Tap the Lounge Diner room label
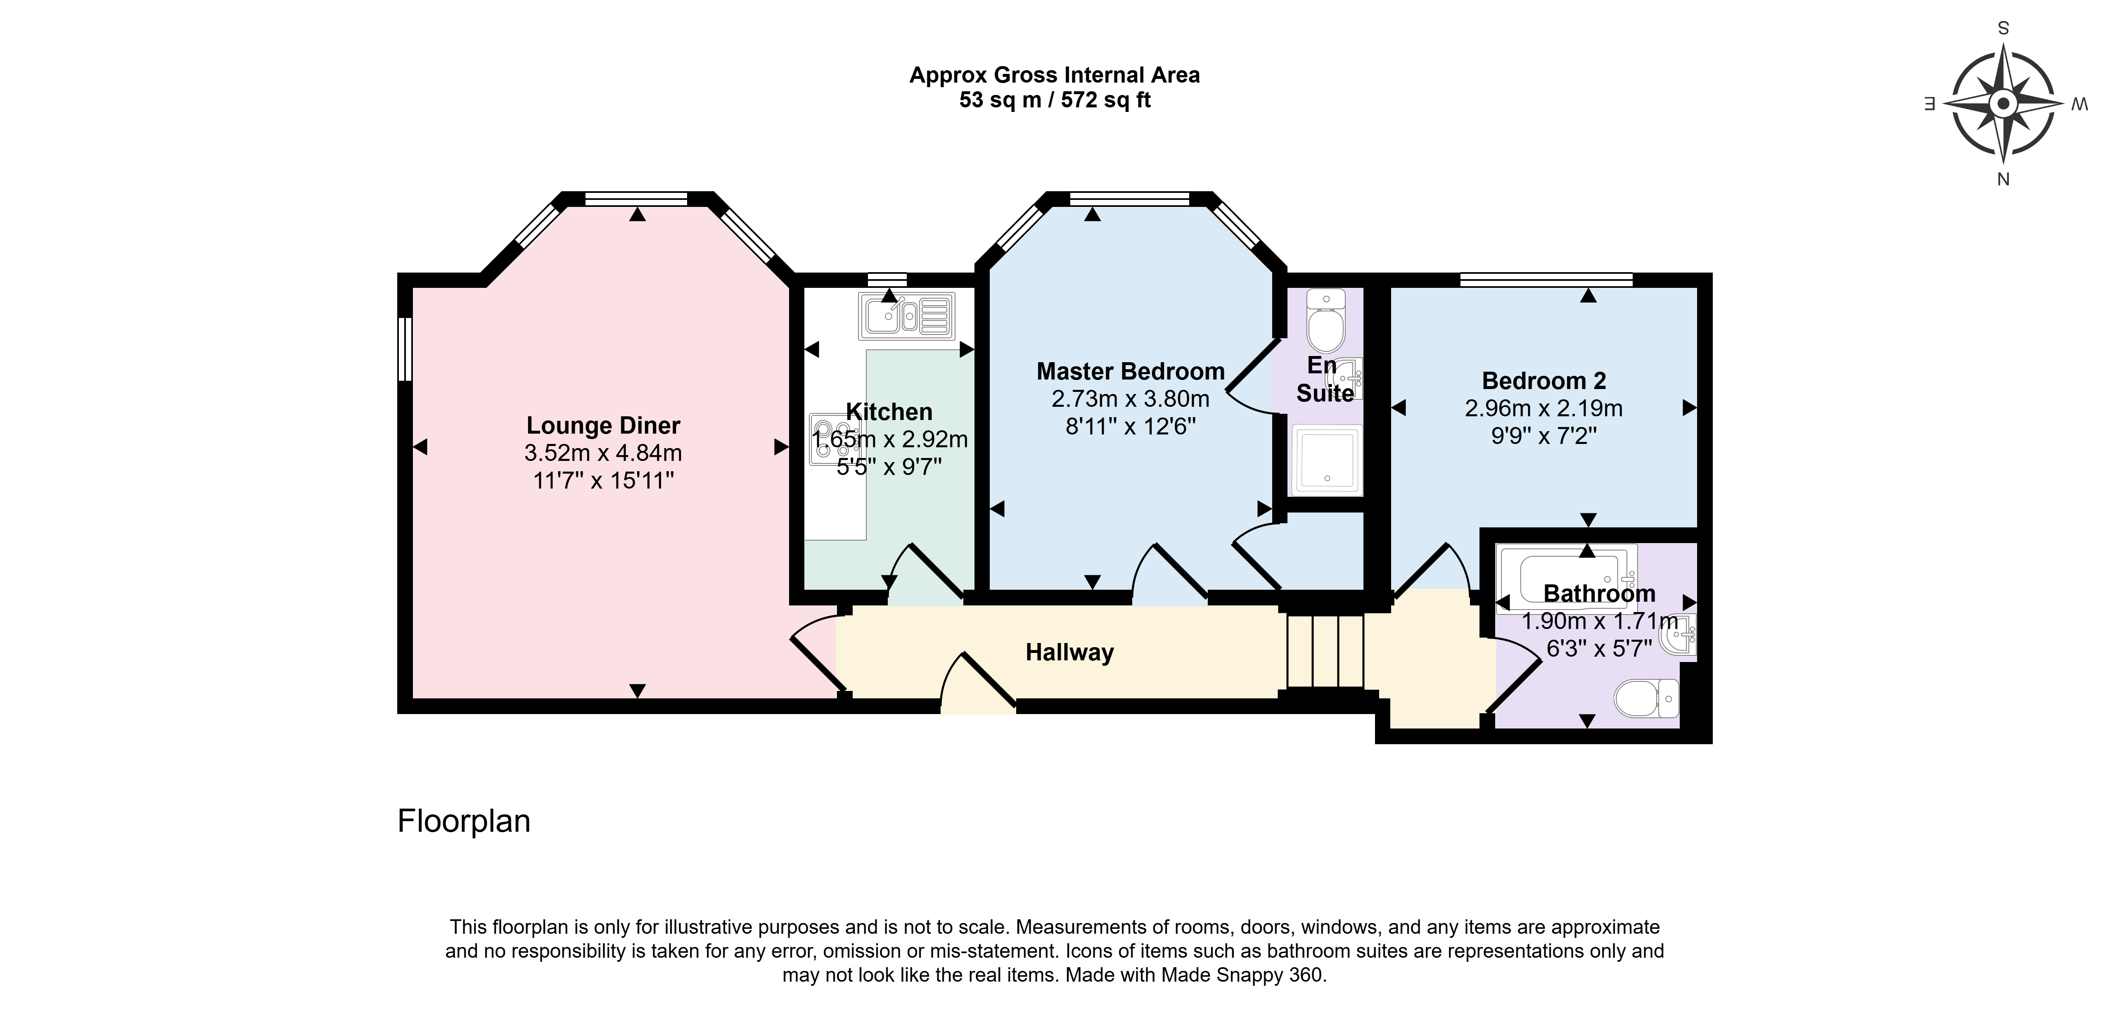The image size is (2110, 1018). pyautogui.click(x=603, y=426)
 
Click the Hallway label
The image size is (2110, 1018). pyautogui.click(x=1070, y=653)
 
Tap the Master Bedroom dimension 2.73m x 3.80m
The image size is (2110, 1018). pyautogui.click(x=1131, y=399)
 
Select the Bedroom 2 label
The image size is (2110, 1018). pyautogui.click(x=1544, y=381)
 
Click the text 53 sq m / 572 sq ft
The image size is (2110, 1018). pyautogui.click(x=1055, y=100)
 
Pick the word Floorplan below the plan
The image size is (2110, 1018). pyautogui.click(x=464, y=821)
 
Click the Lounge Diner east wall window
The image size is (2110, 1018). pyautogui.click(x=405, y=349)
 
